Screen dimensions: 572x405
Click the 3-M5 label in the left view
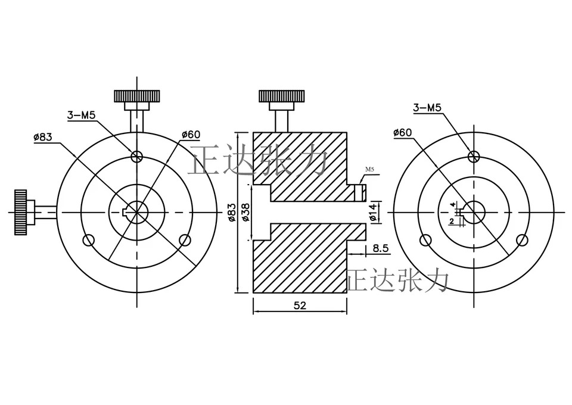[x=82, y=116]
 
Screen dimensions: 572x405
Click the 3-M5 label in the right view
[x=427, y=108]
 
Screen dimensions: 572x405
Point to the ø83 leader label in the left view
[x=43, y=138]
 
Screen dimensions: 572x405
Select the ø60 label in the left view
[x=191, y=135]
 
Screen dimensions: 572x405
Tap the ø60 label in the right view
[x=403, y=133]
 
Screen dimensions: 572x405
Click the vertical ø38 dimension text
[x=246, y=212]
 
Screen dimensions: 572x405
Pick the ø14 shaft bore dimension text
[x=372, y=212]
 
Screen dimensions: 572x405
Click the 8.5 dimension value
[x=381, y=248]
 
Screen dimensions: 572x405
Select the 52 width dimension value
[x=300, y=306]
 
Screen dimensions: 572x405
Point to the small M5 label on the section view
[x=369, y=170]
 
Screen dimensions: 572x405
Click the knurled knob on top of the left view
[x=137, y=96]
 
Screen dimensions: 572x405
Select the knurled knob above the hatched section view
[x=282, y=96]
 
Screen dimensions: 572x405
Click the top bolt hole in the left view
[x=137, y=157]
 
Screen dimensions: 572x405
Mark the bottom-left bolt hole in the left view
[x=89, y=240]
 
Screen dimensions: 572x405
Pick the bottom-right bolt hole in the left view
[x=185, y=240]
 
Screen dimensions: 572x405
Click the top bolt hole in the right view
[x=474, y=157]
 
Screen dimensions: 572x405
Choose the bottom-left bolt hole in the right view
[x=425, y=240]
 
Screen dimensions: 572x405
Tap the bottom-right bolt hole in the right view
[x=523, y=240]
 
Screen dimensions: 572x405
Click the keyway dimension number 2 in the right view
[x=452, y=222]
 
